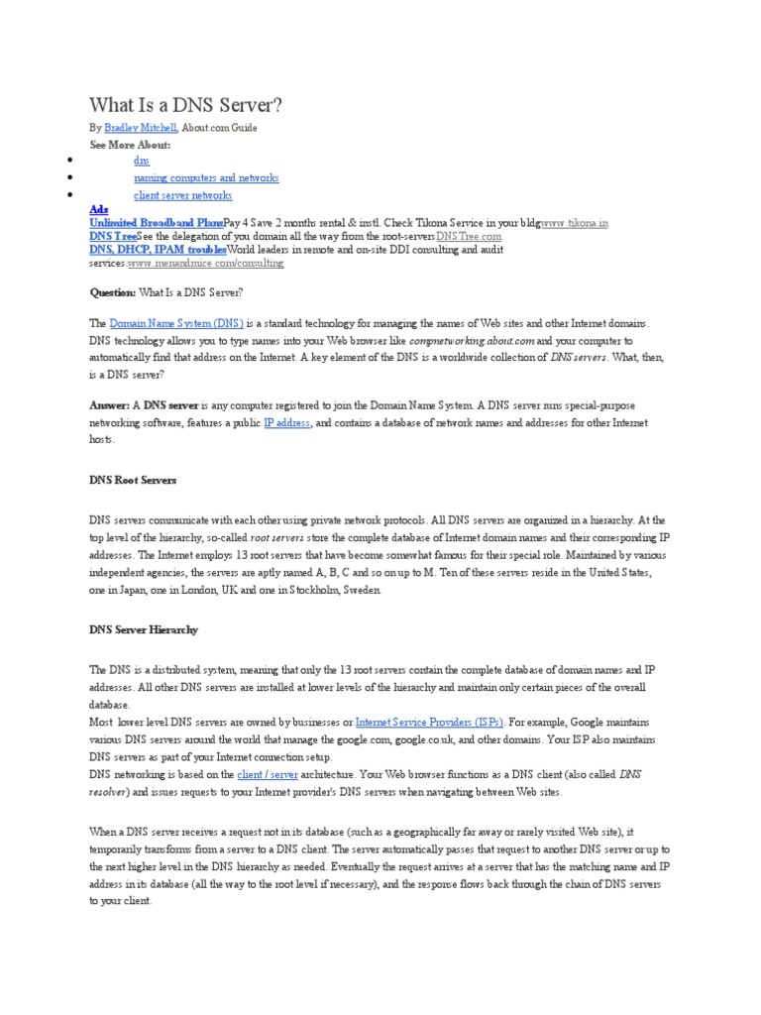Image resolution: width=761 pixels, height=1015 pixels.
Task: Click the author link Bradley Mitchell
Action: tap(141, 128)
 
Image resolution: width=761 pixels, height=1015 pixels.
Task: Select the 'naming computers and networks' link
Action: tap(206, 177)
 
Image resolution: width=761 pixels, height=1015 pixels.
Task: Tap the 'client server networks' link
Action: tap(183, 195)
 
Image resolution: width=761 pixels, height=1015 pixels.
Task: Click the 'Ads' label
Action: tap(99, 210)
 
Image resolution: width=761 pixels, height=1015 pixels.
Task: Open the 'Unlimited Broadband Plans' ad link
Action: tap(156, 224)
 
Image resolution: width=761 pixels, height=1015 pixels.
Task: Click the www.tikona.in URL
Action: tap(575, 224)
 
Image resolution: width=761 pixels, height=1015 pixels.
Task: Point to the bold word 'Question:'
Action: tap(112, 292)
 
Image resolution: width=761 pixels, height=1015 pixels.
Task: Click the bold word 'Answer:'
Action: tap(110, 406)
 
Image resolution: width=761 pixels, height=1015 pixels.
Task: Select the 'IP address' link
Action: tap(287, 422)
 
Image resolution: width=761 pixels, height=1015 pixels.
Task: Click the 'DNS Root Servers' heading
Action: tap(133, 480)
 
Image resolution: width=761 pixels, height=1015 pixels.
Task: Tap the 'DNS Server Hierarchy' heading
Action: tap(144, 629)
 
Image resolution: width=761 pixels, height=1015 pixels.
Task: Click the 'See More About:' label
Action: tap(131, 144)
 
